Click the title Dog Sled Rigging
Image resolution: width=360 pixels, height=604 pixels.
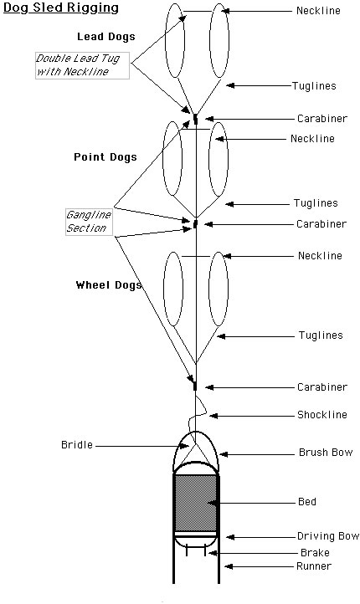pyautogui.click(x=61, y=8)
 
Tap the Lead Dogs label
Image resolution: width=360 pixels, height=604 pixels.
pyautogui.click(x=106, y=37)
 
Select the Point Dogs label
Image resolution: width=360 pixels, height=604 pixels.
pyautogui.click(x=105, y=157)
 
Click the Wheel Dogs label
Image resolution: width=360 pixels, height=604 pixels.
pyautogui.click(x=109, y=285)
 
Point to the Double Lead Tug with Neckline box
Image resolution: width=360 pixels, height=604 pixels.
pyautogui.click(x=83, y=65)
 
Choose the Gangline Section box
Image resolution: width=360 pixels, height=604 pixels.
pyautogui.click(x=89, y=222)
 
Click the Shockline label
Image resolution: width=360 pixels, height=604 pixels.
pyautogui.click(x=322, y=415)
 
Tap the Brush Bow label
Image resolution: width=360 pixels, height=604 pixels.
pyautogui.click(x=326, y=453)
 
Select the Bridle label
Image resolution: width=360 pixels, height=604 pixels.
pyautogui.click(x=77, y=445)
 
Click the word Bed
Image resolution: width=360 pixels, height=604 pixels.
pyautogui.click(x=307, y=502)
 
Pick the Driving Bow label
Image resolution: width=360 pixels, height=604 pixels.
pyautogui.click(x=328, y=536)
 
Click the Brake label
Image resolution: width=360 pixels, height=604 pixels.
pyautogui.click(x=315, y=553)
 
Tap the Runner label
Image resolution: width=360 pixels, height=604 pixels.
pyautogui.click(x=314, y=566)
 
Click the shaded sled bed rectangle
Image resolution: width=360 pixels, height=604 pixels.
pyautogui.click(x=196, y=503)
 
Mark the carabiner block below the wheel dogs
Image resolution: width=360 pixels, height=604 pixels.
pyautogui.click(x=195, y=386)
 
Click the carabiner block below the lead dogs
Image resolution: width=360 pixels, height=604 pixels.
pyautogui.click(x=195, y=119)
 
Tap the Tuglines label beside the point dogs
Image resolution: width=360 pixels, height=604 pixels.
pyautogui.click(x=316, y=203)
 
